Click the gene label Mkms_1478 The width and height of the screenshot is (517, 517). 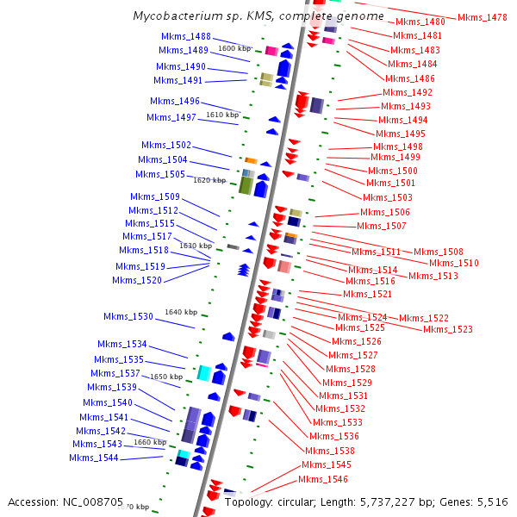coord(483,17)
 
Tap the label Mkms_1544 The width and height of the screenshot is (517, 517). coord(94,458)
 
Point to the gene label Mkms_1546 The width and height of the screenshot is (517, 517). coord(323,479)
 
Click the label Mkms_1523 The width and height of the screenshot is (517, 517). coord(448,329)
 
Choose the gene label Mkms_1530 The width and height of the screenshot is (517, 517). coord(128,316)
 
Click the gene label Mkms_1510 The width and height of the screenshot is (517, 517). coord(454,263)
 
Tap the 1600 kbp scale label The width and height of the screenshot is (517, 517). coord(234,49)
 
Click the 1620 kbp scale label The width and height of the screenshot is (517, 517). coord(209,180)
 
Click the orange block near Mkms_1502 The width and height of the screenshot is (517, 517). coord(252,160)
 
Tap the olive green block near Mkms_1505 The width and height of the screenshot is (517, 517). coord(245,185)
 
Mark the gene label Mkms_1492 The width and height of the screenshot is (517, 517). coord(408,92)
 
